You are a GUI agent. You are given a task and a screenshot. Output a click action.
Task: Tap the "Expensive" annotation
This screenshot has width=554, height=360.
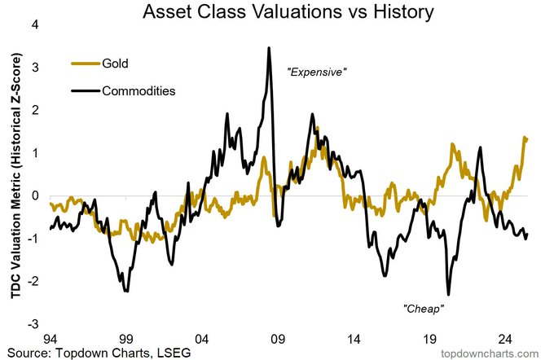point(318,72)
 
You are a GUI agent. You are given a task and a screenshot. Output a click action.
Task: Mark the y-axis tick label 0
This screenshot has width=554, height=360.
point(35,195)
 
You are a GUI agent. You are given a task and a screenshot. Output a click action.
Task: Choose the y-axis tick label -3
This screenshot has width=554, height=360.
point(33,323)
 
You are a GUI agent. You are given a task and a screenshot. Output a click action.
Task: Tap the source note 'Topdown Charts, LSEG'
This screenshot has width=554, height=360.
point(106,352)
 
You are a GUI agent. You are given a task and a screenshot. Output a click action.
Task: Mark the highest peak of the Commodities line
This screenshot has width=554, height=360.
point(269,48)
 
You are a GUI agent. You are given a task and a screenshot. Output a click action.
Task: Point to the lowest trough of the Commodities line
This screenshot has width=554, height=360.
point(449,294)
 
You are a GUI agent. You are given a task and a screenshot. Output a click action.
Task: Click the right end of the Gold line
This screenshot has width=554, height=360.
point(527,138)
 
